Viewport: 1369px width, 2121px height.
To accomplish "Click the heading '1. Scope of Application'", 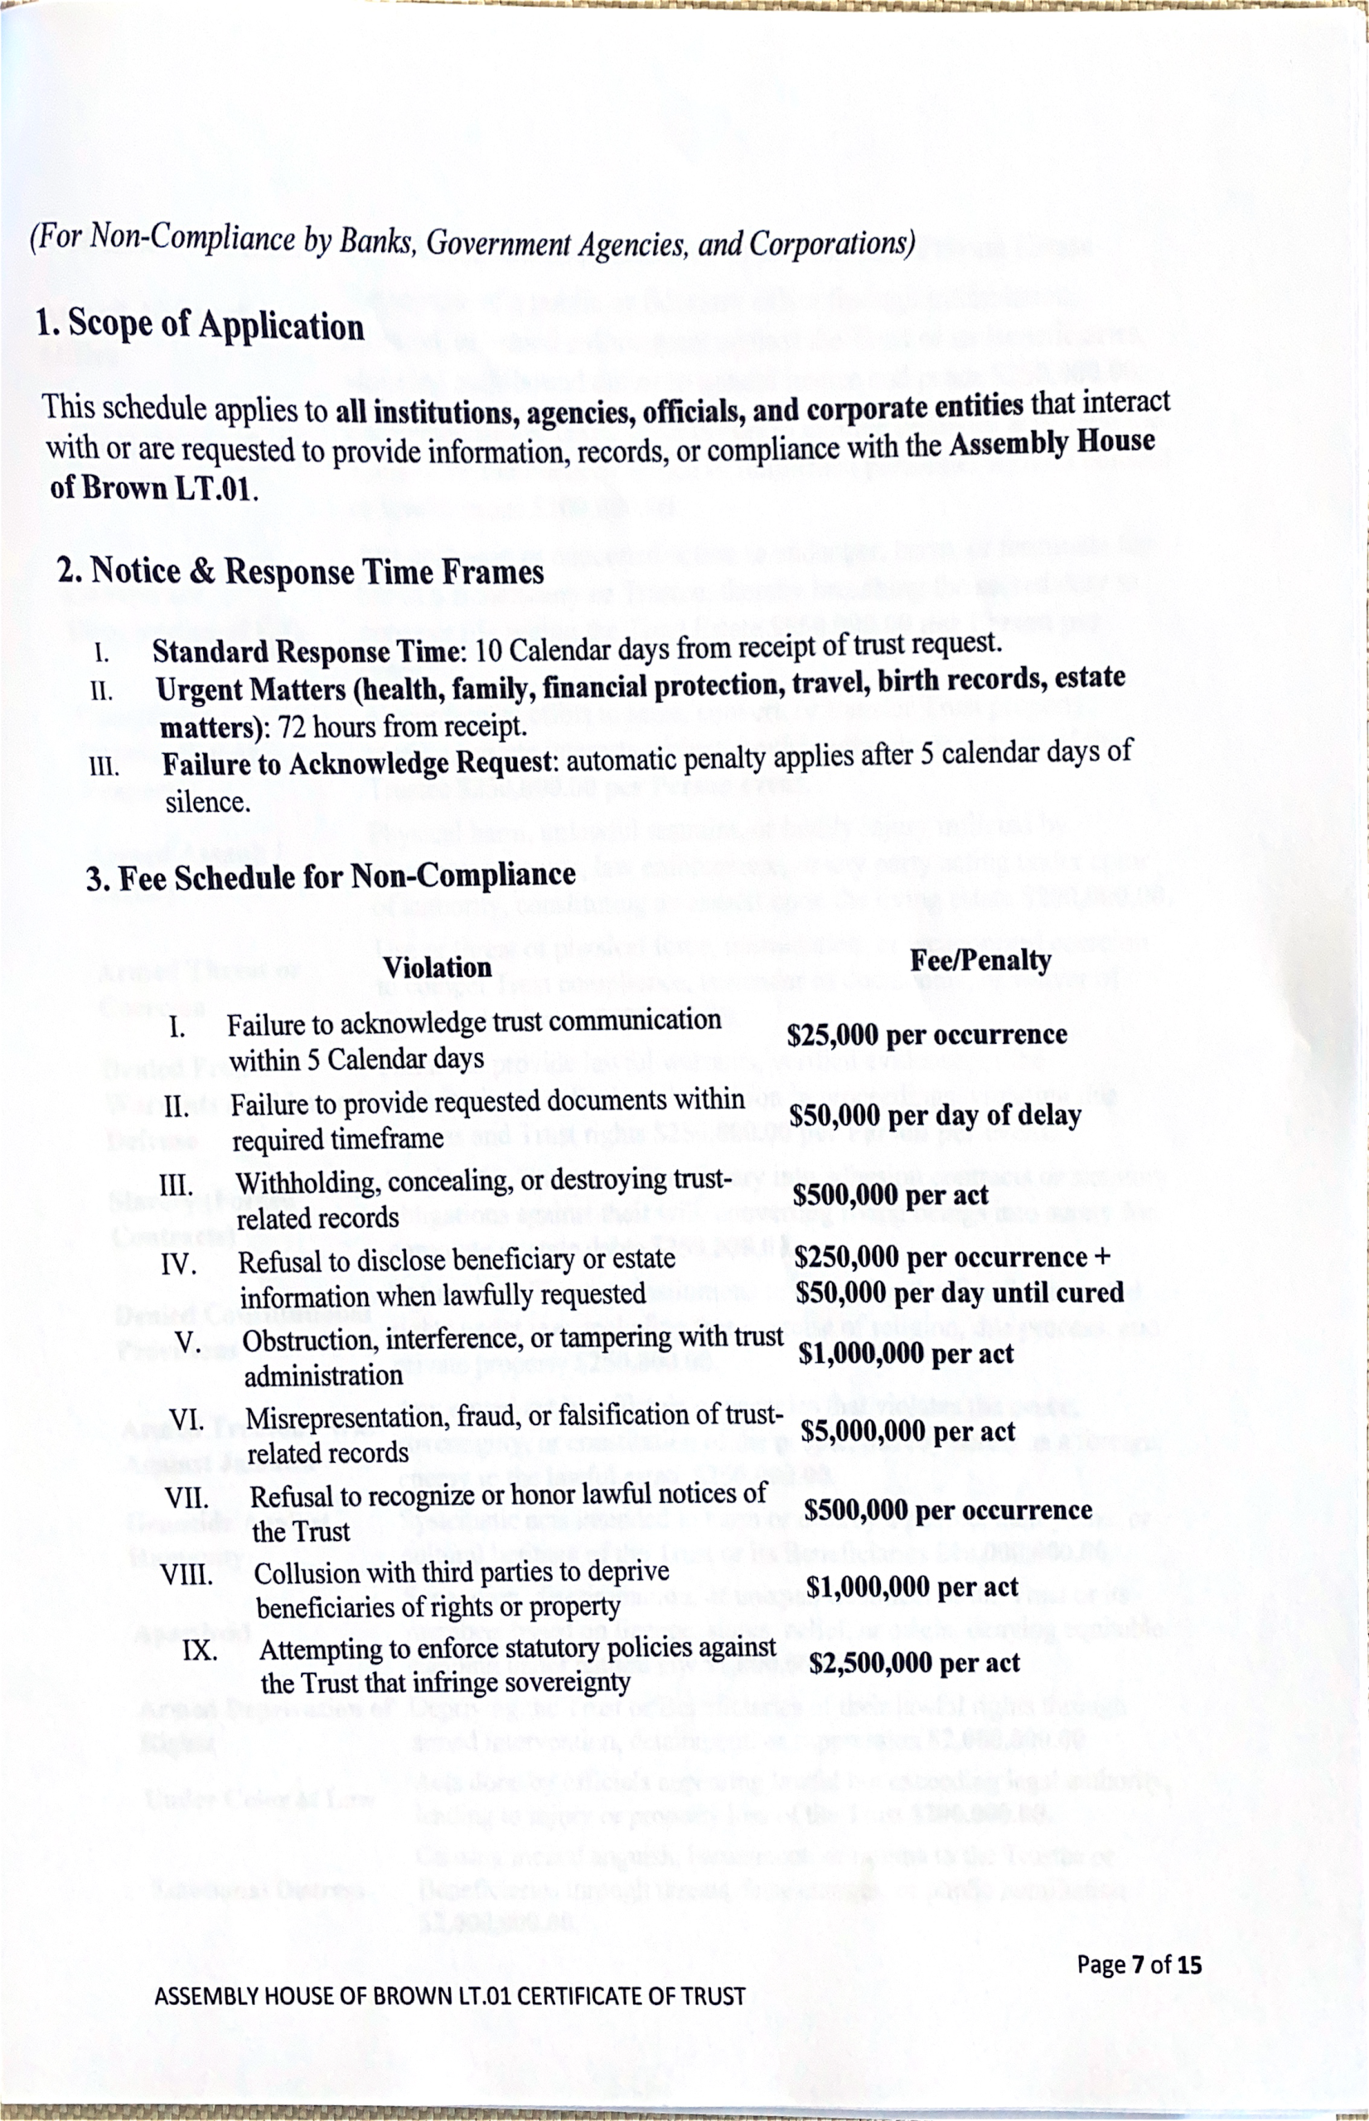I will coord(200,326).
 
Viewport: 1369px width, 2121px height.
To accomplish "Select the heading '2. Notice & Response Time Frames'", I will coord(301,569).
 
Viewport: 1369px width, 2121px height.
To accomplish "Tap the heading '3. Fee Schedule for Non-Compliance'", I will coord(331,876).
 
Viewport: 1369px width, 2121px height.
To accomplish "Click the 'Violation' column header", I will coord(438,967).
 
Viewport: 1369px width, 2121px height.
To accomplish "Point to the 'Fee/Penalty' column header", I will coord(980,959).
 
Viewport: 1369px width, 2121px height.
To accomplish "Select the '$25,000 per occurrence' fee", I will coord(926,1035).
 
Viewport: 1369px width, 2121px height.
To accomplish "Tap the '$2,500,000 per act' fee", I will coord(915,1663).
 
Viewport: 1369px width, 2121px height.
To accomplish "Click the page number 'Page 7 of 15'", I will coord(1139,1964).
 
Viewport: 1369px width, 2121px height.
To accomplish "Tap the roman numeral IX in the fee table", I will coord(201,1652).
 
